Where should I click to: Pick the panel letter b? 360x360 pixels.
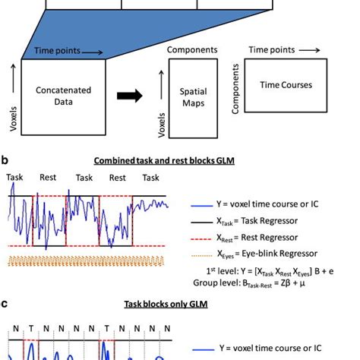click(5, 161)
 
